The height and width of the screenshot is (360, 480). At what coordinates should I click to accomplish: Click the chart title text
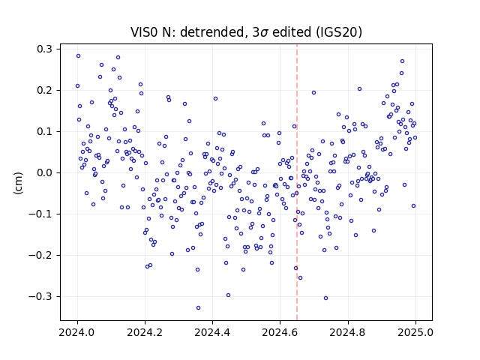click(x=247, y=32)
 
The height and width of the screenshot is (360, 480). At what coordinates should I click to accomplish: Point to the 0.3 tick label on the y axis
click(x=44, y=49)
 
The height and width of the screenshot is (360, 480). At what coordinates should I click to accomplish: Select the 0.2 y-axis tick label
click(x=44, y=90)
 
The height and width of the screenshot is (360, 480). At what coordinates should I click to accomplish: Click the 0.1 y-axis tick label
click(x=44, y=132)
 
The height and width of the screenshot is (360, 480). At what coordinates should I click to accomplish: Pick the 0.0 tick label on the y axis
click(x=44, y=172)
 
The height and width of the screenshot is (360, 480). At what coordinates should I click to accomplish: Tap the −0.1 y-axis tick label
click(x=40, y=214)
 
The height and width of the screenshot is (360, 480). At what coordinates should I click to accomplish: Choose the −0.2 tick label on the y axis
click(x=40, y=255)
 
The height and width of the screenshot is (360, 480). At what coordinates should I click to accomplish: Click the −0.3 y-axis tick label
click(x=40, y=296)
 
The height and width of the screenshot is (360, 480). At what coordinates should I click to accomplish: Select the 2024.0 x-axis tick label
click(x=77, y=332)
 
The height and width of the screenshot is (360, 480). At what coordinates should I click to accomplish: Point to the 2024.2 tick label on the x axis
click(x=145, y=332)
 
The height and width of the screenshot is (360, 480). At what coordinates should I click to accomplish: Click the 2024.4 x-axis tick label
click(x=212, y=332)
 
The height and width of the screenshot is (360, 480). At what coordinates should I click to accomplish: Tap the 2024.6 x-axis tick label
click(x=280, y=332)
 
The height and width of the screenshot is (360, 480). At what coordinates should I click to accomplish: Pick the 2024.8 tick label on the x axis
click(x=348, y=332)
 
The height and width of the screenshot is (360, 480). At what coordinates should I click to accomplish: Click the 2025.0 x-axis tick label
click(x=415, y=332)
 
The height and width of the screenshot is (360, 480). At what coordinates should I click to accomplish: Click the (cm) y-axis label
click(x=18, y=183)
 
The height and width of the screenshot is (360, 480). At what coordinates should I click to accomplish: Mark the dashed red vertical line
click(x=297, y=182)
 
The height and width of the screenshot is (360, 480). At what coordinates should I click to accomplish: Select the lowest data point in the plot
click(x=198, y=308)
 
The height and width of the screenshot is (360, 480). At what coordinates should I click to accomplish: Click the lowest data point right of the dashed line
click(x=325, y=298)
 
